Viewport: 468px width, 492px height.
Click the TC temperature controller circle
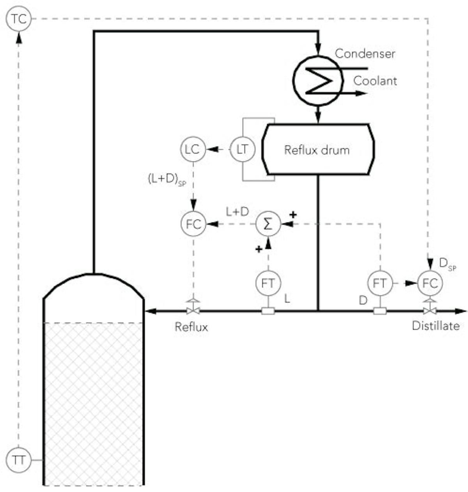(x=19, y=19)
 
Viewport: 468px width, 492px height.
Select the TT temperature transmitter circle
(x=19, y=460)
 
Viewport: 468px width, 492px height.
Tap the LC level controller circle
(x=193, y=149)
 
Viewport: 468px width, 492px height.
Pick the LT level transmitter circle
(x=242, y=149)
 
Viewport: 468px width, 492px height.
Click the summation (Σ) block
(x=268, y=224)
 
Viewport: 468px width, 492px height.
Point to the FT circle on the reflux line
(x=268, y=283)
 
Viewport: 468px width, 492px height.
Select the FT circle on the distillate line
(x=379, y=283)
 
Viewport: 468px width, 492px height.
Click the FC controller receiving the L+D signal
(x=193, y=224)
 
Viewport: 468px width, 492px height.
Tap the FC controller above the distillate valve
(x=430, y=283)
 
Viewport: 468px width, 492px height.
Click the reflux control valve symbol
(x=193, y=310)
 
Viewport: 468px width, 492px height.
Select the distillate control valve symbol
(x=430, y=310)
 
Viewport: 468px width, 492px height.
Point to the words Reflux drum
(x=317, y=150)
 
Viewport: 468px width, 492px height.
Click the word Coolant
(x=375, y=81)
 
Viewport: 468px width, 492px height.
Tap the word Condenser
(x=365, y=53)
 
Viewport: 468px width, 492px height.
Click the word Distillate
(x=436, y=326)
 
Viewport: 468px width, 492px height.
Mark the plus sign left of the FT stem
(x=259, y=249)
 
